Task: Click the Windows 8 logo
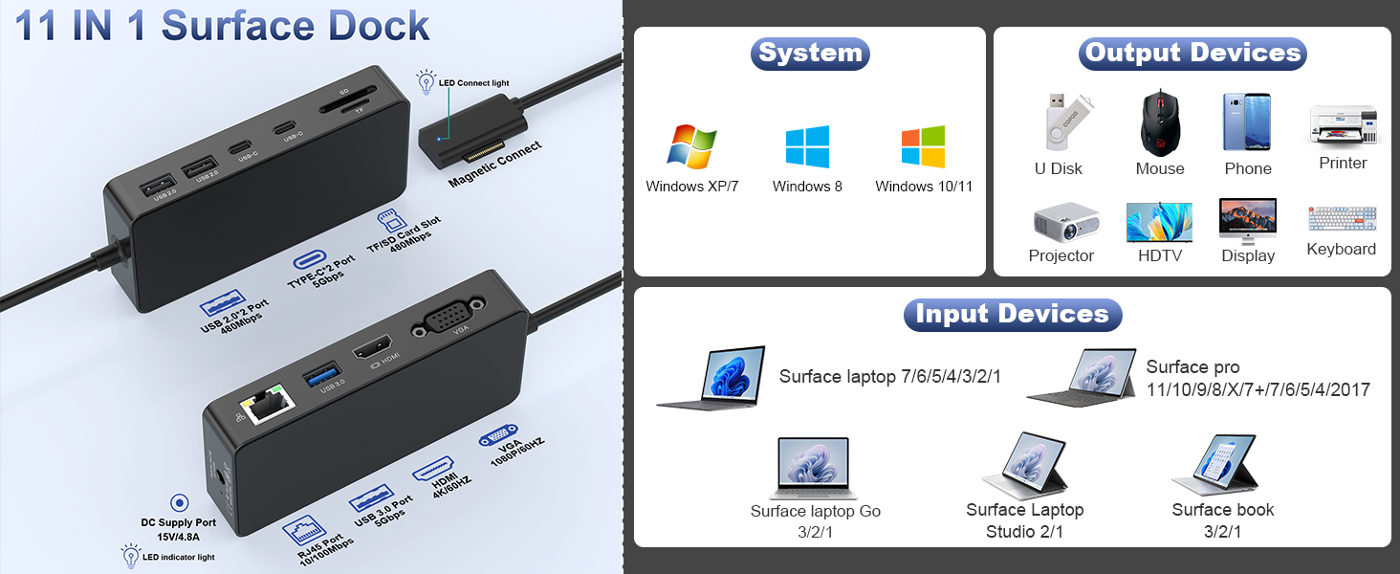point(807,147)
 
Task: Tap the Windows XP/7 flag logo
point(691,147)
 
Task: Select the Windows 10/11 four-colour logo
point(923,147)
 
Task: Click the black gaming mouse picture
point(1159,122)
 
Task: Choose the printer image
point(1343,125)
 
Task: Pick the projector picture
point(1063,222)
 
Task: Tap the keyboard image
point(1342,220)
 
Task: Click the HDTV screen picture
point(1159,222)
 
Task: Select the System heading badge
point(810,53)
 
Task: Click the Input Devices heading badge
point(1012,314)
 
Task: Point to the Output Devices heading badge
point(1192,53)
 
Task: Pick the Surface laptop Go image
point(814,468)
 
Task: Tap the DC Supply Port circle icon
point(178,503)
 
